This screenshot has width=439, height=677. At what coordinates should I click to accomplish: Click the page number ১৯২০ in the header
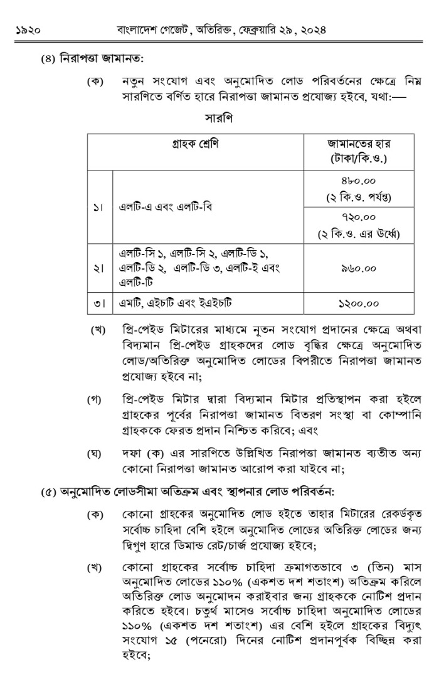26,30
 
